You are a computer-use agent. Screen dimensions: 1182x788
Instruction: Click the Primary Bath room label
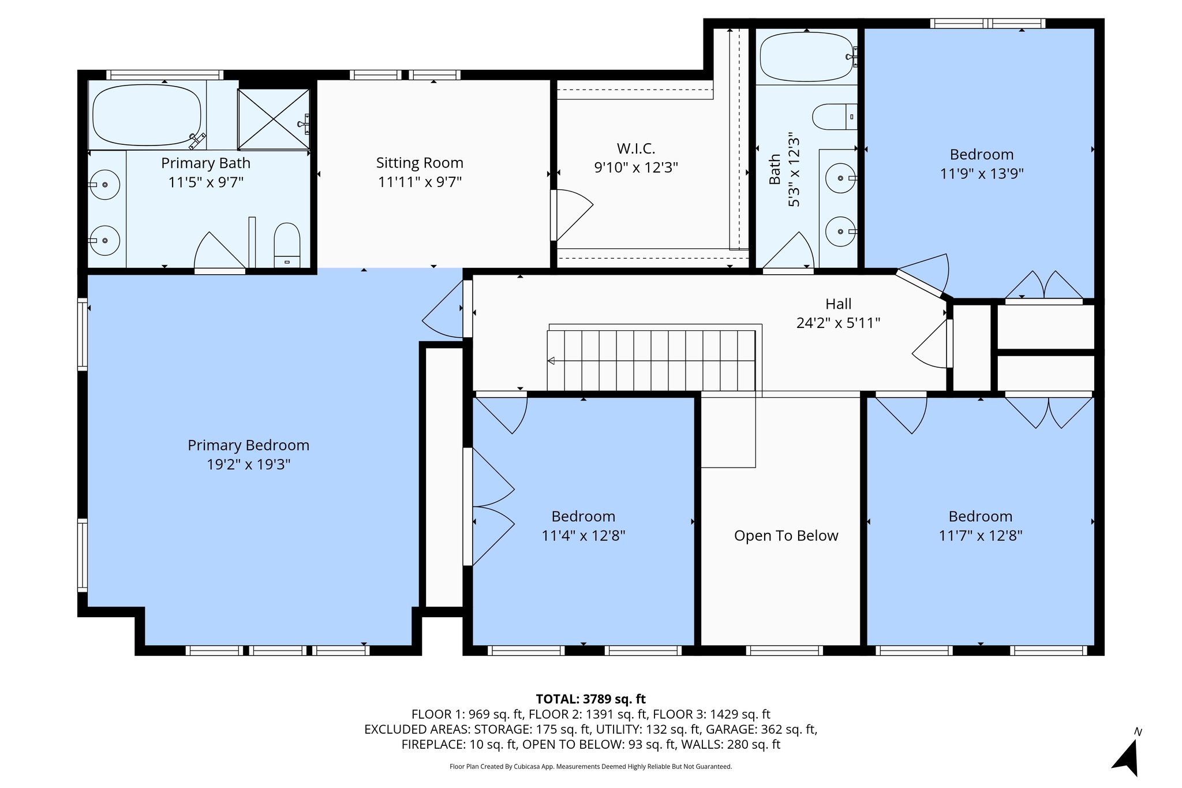(205, 163)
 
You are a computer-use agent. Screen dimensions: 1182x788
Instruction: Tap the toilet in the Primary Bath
(287, 245)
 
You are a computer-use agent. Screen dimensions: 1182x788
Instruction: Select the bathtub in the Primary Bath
(147, 115)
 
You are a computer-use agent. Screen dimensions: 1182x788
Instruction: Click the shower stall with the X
(274, 119)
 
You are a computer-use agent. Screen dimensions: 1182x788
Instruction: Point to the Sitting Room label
(420, 163)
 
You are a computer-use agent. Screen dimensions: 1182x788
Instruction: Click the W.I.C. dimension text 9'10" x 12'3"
(636, 168)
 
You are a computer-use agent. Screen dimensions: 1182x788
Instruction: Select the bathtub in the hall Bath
(806, 57)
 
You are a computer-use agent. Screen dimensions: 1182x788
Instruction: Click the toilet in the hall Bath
(835, 117)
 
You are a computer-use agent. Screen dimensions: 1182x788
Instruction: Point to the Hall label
(838, 304)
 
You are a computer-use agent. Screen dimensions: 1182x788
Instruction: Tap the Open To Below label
(786, 536)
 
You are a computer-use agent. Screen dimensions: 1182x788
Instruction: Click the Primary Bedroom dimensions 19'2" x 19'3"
(248, 465)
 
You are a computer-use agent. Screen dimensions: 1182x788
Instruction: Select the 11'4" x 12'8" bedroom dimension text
(583, 536)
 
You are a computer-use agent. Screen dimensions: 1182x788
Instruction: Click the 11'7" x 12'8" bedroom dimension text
(981, 536)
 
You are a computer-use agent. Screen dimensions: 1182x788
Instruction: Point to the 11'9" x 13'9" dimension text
(982, 174)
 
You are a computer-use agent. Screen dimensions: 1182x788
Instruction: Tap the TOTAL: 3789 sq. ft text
(590, 700)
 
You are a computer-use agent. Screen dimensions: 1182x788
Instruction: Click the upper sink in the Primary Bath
(105, 185)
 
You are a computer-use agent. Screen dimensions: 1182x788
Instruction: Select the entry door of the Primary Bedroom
(443, 309)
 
